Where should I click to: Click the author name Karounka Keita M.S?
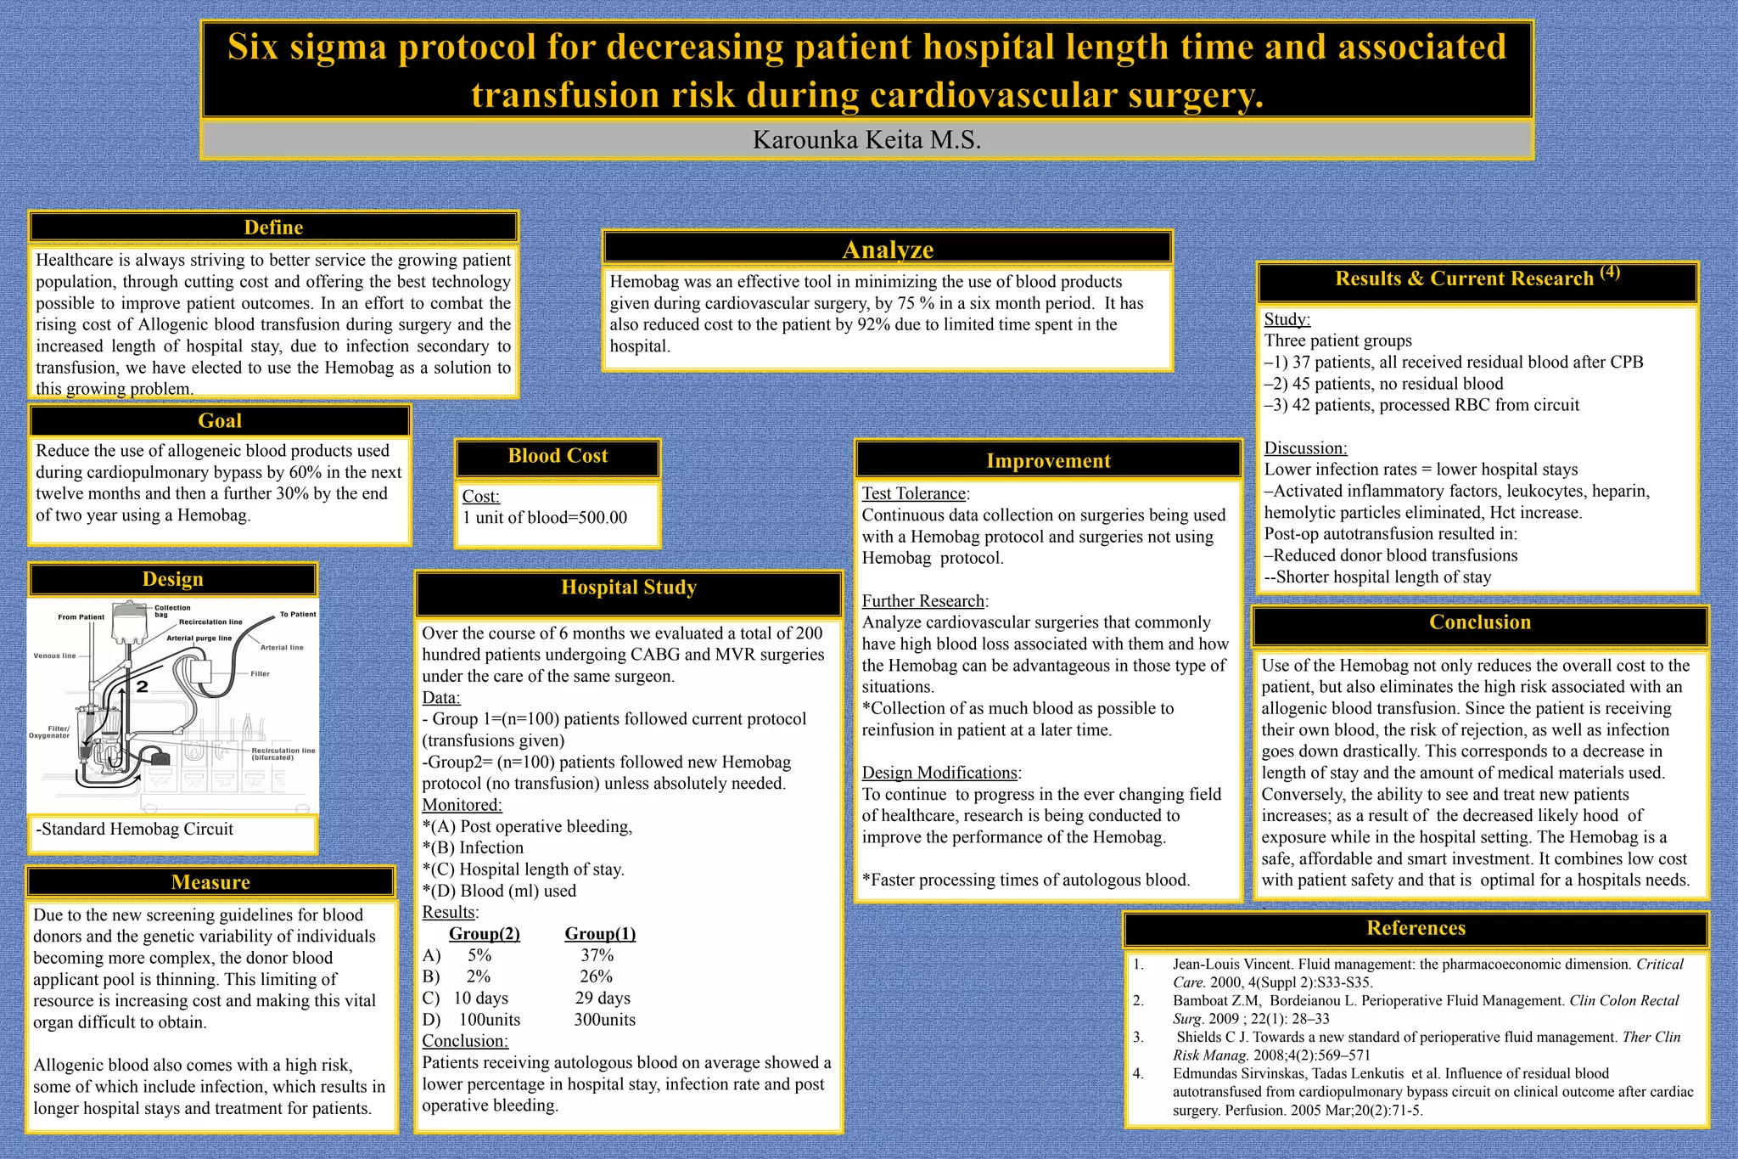[866, 140]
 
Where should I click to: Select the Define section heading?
[273, 228]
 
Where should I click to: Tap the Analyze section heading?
[888, 250]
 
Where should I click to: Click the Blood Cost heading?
[558, 456]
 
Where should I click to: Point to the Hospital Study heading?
[629, 588]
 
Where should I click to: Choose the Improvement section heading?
[1048, 461]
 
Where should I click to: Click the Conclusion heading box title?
[1480, 622]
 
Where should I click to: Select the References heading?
[1416, 928]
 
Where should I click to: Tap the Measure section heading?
[210, 882]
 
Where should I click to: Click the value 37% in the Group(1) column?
[597, 955]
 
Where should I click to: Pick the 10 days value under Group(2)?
[480, 999]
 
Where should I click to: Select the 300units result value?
[604, 1020]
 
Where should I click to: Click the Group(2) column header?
[484, 934]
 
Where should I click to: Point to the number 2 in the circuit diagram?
[143, 686]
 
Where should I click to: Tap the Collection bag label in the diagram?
[172, 611]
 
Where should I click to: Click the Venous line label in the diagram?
[54, 656]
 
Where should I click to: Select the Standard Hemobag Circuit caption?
[136, 830]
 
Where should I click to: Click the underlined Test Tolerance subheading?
[914, 494]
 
